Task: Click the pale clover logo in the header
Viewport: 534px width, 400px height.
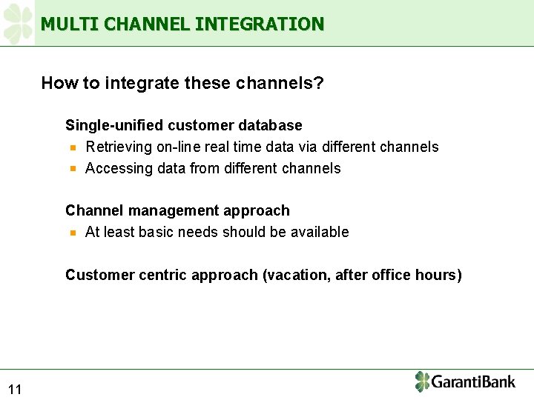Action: [x=18, y=23]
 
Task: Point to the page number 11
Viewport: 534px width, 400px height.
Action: [x=15, y=390]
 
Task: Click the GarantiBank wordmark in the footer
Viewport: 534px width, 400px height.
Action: [x=473, y=382]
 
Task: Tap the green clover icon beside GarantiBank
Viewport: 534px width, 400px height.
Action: [x=422, y=381]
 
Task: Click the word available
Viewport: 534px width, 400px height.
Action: [x=319, y=233]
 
